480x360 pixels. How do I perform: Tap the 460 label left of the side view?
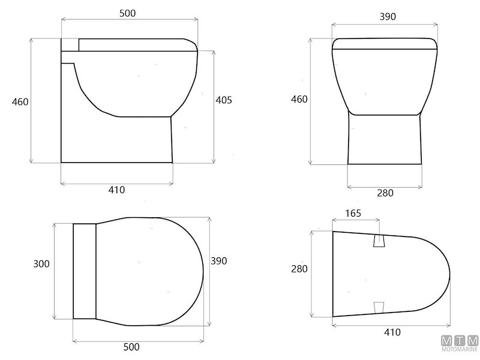coord(20,101)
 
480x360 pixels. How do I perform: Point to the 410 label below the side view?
coord(116,190)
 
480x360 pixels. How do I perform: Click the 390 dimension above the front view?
coord(388,17)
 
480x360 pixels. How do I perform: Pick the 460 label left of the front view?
coord(299,99)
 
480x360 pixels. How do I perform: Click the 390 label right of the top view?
coord(218,262)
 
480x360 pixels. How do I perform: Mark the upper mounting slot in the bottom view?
coord(379,241)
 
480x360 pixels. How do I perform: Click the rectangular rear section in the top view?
coord(85,271)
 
